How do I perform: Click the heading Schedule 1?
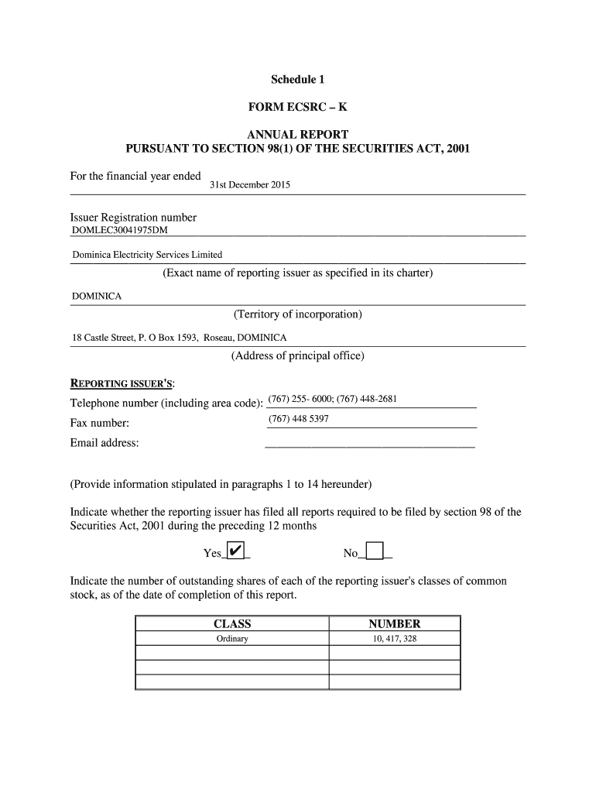pyautogui.click(x=297, y=80)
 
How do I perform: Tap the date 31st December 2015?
pyautogui.click(x=250, y=185)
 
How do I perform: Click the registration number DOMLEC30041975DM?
pyautogui.click(x=119, y=230)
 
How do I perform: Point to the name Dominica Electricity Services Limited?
pyautogui.click(x=147, y=254)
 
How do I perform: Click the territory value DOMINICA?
pyautogui.click(x=97, y=296)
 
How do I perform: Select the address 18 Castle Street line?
pyautogui.click(x=179, y=338)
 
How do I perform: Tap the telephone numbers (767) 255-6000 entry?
pyautogui.click(x=332, y=400)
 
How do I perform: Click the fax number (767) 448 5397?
pyautogui.click(x=298, y=419)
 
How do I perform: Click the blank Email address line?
pyautogui.click(x=369, y=443)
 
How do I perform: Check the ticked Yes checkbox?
pyautogui.click(x=238, y=551)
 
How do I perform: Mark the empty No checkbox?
pyautogui.click(x=375, y=551)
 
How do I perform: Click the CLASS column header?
pyautogui.click(x=232, y=623)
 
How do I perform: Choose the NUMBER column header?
pyautogui.click(x=394, y=623)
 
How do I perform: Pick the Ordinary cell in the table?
pyautogui.click(x=232, y=639)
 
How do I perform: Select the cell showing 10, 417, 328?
pyautogui.click(x=394, y=639)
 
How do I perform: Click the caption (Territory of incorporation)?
pyautogui.click(x=297, y=314)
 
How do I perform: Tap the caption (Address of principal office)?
pyautogui.click(x=297, y=356)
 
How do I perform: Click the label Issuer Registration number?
pyautogui.click(x=133, y=218)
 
